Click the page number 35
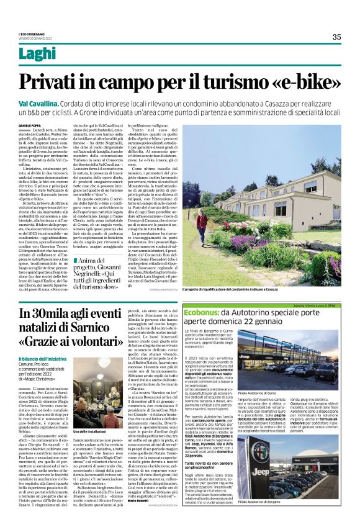[336, 37]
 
